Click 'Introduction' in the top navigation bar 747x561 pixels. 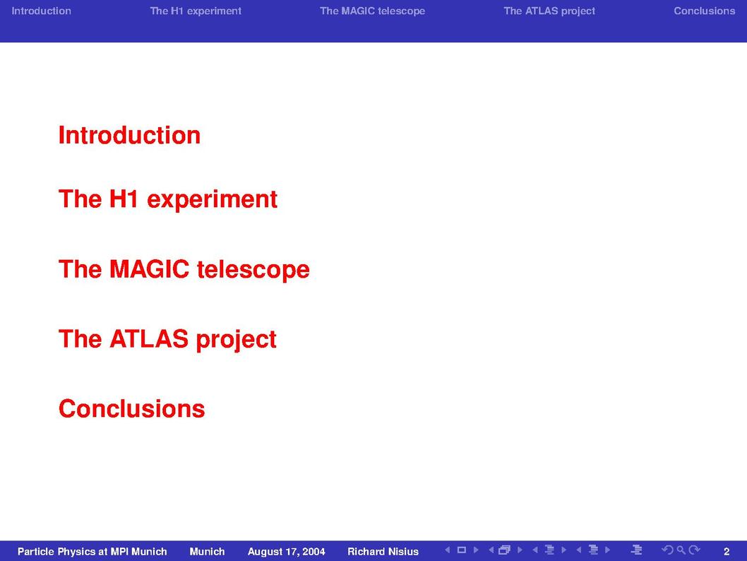pyautogui.click(x=41, y=11)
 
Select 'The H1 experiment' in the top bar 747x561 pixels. pyautogui.click(x=196, y=11)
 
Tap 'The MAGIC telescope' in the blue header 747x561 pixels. pyautogui.click(x=372, y=11)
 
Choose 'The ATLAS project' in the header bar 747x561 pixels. pyautogui.click(x=549, y=11)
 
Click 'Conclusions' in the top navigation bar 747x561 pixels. pyautogui.click(x=704, y=11)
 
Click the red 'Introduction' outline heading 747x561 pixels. pyautogui.click(x=129, y=136)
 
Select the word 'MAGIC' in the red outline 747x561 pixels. pyautogui.click(x=149, y=268)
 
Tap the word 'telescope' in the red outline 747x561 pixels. pyautogui.click(x=253, y=270)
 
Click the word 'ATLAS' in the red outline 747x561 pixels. pyautogui.click(x=149, y=339)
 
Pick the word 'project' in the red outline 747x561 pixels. pyautogui.click(x=236, y=341)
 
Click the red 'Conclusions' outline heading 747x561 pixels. pyautogui.click(x=131, y=409)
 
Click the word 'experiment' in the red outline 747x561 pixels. pyautogui.click(x=212, y=200)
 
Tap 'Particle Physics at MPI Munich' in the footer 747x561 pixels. pyautogui.click(x=92, y=552)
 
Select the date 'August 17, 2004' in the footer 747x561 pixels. pyautogui.click(x=287, y=552)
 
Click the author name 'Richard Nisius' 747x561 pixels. pyautogui.click(x=383, y=552)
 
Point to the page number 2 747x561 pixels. pyautogui.click(x=727, y=552)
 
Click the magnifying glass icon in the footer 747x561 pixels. pyautogui.click(x=681, y=550)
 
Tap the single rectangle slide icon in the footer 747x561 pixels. pyautogui.click(x=461, y=550)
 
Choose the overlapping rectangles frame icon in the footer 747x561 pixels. pyautogui.click(x=504, y=550)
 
